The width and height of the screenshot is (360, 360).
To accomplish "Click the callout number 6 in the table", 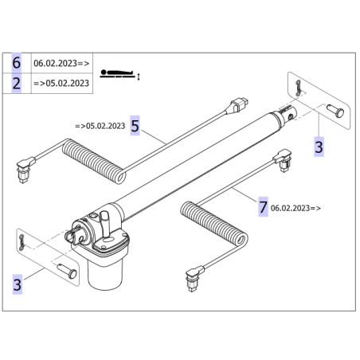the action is pyautogui.click(x=17, y=63).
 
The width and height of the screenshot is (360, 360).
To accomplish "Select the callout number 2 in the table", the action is pyautogui.click(x=17, y=84).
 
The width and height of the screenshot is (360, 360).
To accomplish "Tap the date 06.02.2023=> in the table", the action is pyautogui.click(x=61, y=63).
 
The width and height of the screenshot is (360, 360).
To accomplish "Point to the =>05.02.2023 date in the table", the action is pyautogui.click(x=61, y=83).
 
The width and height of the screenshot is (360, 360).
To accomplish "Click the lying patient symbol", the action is pyautogui.click(x=119, y=74).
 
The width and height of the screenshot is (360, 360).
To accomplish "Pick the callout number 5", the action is pyautogui.click(x=135, y=126).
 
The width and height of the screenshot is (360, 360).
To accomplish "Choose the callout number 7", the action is pyautogui.click(x=263, y=207).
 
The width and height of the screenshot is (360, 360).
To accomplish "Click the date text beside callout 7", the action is pyautogui.click(x=295, y=208).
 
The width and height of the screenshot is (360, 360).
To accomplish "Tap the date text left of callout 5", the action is pyautogui.click(x=100, y=126).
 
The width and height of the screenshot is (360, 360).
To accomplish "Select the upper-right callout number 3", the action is pyautogui.click(x=319, y=147).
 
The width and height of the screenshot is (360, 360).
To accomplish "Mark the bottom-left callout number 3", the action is pyautogui.click(x=18, y=284).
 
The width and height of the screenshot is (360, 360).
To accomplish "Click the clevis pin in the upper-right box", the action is pyautogui.click(x=335, y=111).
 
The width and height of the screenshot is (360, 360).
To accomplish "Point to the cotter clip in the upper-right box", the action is pyautogui.click(x=299, y=88).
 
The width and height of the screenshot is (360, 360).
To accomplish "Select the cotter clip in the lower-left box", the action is pyautogui.click(x=22, y=242).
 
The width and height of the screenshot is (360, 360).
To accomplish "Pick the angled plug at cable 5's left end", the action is pyautogui.click(x=25, y=169).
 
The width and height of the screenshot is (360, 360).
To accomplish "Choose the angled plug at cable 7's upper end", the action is pyautogui.click(x=283, y=160).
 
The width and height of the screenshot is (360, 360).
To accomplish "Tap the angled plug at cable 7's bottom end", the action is pyautogui.click(x=194, y=278).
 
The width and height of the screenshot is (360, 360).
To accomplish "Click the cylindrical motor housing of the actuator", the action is pyautogui.click(x=105, y=273).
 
